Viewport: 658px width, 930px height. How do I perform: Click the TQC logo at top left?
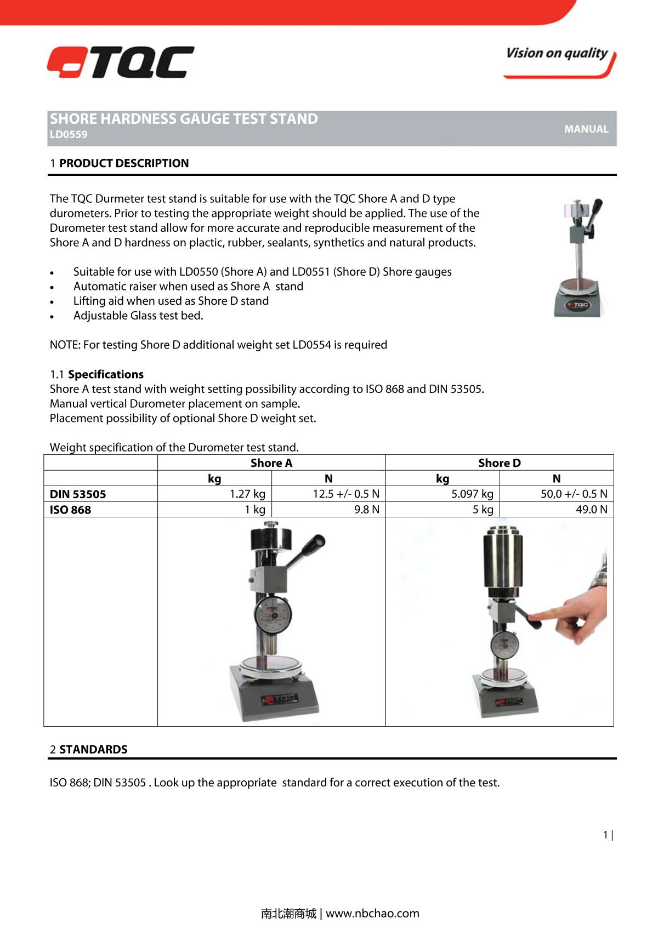point(121,62)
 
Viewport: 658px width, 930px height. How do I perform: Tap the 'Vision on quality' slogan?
point(557,54)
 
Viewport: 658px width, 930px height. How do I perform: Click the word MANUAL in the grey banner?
point(586,129)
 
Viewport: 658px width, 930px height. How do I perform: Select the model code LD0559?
point(69,135)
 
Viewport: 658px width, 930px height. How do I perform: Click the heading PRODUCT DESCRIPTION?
point(124,163)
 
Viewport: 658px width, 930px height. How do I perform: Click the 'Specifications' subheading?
point(106,374)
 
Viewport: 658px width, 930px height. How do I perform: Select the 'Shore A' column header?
point(271,463)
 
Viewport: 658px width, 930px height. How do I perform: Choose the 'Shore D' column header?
point(500,463)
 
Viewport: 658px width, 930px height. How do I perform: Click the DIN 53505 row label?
point(78,494)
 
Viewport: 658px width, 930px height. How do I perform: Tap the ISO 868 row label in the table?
point(71,510)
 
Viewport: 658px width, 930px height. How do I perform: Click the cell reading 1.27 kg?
point(247,494)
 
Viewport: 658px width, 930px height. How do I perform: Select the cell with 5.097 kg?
point(472,494)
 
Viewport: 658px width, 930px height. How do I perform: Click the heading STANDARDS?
point(93,749)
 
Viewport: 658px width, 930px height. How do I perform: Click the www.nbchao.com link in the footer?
point(372,913)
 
